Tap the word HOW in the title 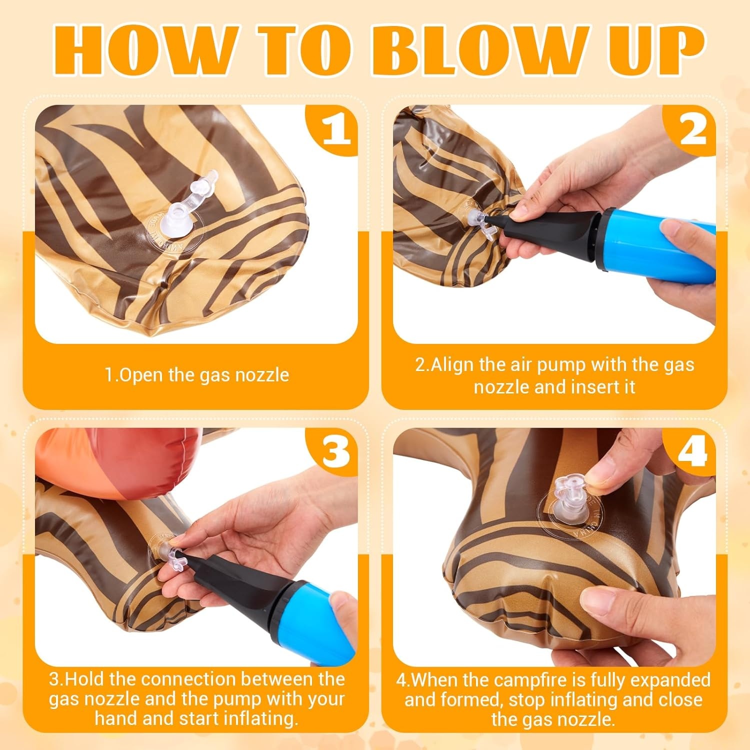[144, 51]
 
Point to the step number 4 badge [692, 453]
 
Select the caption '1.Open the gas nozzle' [196, 375]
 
